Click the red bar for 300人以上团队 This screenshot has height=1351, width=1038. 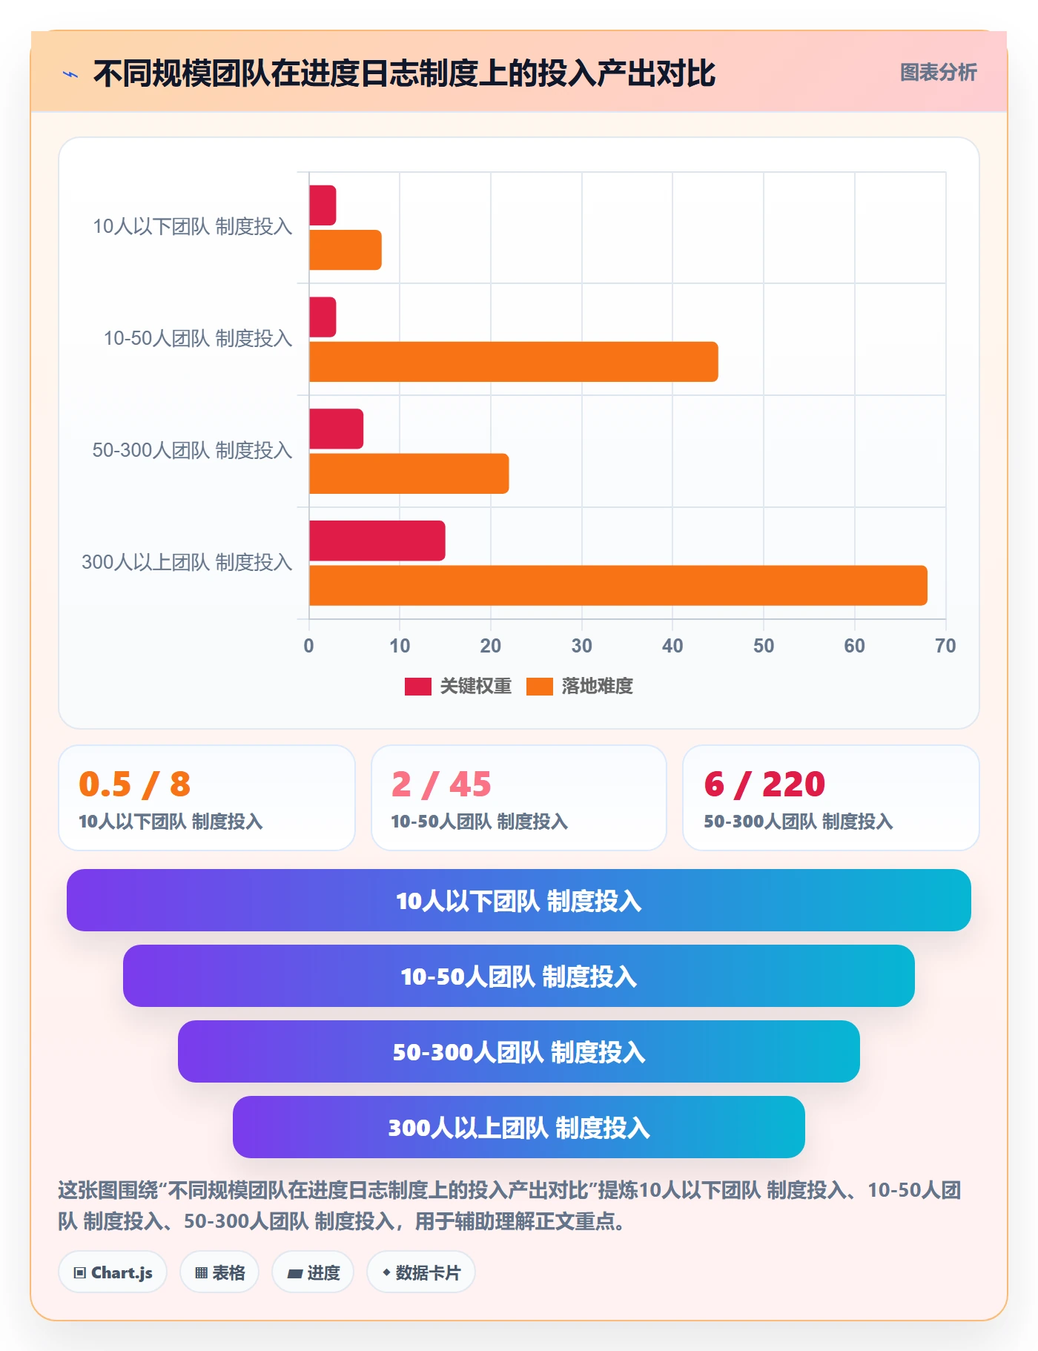pos(377,541)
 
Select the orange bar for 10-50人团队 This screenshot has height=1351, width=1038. pos(513,362)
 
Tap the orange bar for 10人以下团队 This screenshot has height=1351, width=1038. pos(346,250)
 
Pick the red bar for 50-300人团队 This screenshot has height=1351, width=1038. pos(336,429)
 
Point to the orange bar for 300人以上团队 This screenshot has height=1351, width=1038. pos(618,586)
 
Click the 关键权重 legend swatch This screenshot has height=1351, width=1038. pos(417,687)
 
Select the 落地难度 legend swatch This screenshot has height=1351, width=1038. pos(540,687)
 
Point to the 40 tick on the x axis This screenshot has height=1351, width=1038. pos(672,646)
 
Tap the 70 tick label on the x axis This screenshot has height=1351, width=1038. pos(945,646)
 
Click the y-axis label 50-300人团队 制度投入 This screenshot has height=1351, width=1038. pos(192,450)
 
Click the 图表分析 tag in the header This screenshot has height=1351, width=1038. pos(938,72)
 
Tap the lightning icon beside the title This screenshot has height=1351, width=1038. pos(70,74)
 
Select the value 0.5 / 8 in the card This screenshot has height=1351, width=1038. pos(135,784)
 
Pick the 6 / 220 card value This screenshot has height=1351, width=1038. pos(764,784)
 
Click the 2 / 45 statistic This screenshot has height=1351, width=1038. pos(441,784)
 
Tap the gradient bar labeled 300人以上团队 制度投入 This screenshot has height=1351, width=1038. pos(519,1127)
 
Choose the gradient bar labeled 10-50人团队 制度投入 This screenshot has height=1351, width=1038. pos(519,976)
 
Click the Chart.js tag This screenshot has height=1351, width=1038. pos(113,1272)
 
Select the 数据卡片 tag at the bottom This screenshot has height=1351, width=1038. pos(421,1272)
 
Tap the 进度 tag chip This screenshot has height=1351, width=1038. pos(313,1272)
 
